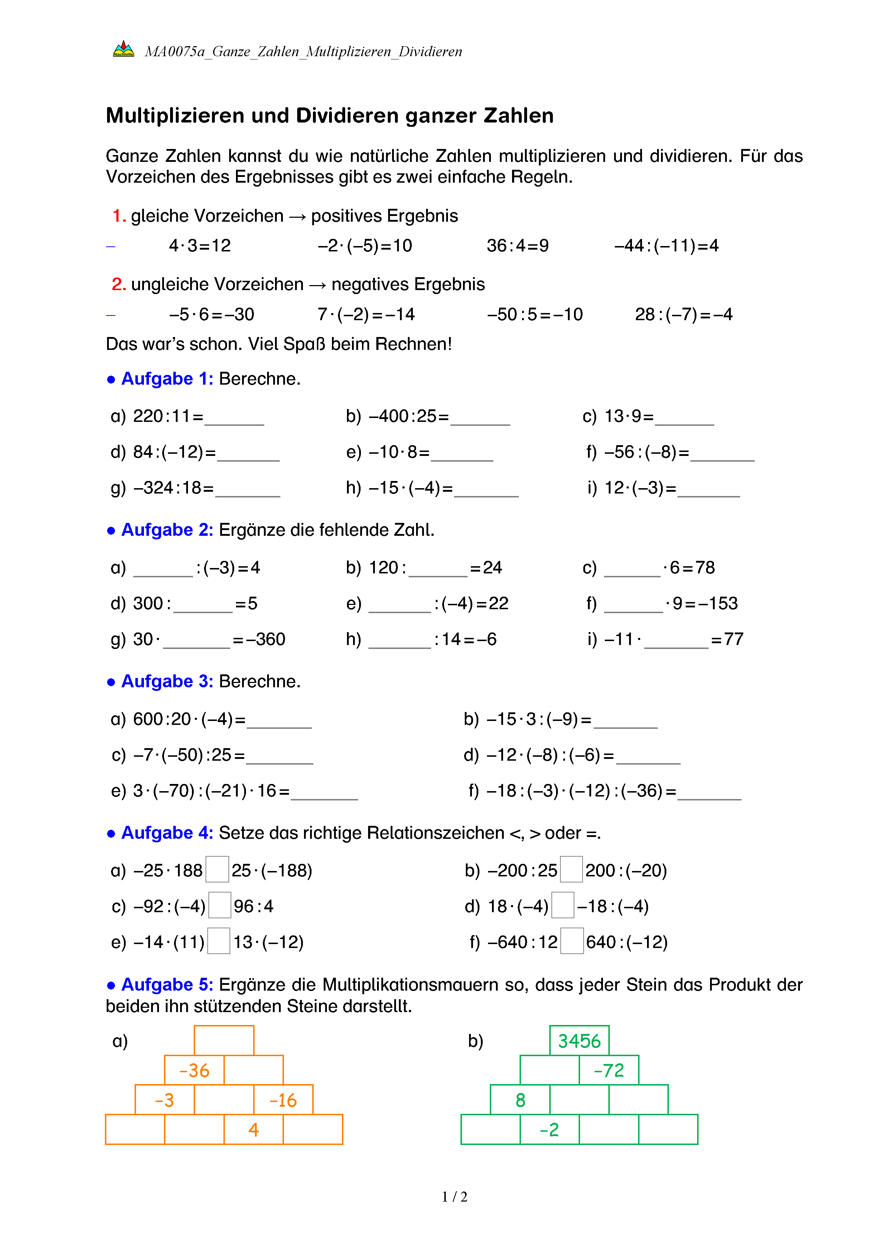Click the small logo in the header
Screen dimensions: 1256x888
pos(124,50)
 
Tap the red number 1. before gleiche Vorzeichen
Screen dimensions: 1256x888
pos(119,216)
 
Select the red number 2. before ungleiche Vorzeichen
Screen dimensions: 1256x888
pos(119,284)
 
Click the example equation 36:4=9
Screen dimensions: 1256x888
pos(517,246)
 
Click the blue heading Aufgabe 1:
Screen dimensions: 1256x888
pos(167,379)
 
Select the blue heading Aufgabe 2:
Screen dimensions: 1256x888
pos(167,530)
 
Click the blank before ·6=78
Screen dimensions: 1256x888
pos(632,570)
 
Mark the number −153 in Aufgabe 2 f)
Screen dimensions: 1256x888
pos(718,603)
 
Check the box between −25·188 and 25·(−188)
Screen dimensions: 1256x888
pos(217,870)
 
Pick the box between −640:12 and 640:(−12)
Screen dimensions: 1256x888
pos(572,942)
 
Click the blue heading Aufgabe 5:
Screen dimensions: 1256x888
pos(167,985)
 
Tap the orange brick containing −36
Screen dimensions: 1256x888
pos(194,1070)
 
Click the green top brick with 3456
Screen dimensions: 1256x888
pos(579,1040)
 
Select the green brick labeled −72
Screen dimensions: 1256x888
pos(609,1070)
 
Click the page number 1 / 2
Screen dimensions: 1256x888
pos(454,1197)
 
